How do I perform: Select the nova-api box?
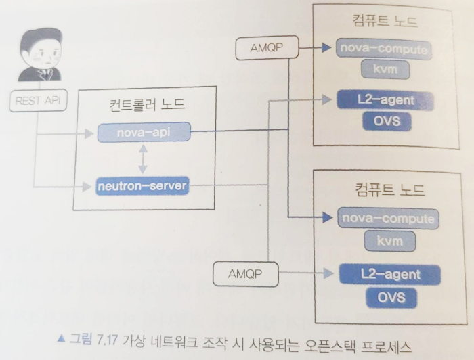click(x=142, y=133)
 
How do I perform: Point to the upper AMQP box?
click(x=262, y=49)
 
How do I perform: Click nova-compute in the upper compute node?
click(x=384, y=49)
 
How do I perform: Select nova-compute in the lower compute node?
click(x=387, y=218)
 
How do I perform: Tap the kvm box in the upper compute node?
click(x=384, y=70)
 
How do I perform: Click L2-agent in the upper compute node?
click(x=385, y=101)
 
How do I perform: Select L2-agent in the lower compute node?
click(x=390, y=275)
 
